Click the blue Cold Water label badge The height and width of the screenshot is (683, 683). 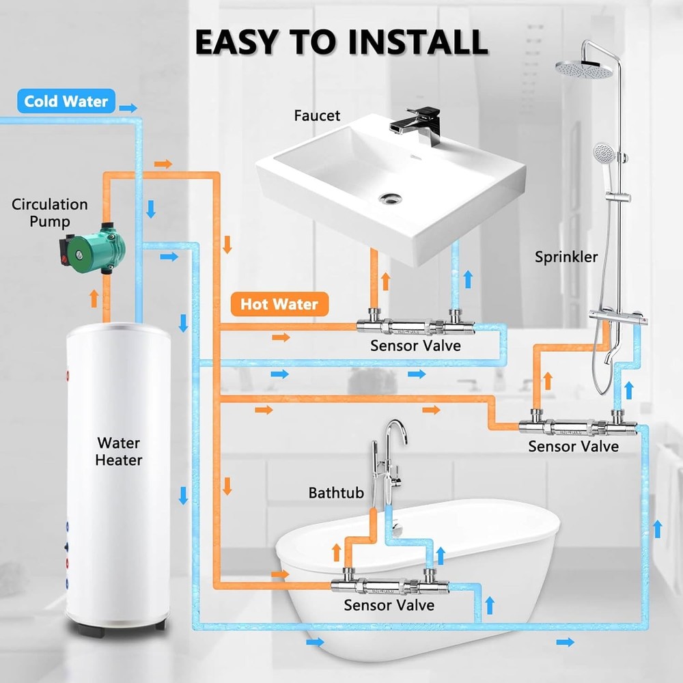click(x=66, y=101)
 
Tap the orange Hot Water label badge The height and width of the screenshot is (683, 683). click(x=279, y=304)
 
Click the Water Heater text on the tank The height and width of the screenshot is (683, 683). click(x=118, y=451)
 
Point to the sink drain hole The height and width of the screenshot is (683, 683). click(x=390, y=199)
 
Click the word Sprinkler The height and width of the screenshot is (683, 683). click(x=566, y=257)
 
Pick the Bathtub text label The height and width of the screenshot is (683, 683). click(x=336, y=492)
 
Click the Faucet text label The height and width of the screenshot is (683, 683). click(x=317, y=115)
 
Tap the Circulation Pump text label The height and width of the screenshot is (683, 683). click(x=50, y=212)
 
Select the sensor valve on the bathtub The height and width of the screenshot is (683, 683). click(x=390, y=585)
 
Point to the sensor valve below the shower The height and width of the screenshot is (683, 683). click(x=578, y=425)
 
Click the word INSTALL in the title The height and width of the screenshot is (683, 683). click(x=418, y=42)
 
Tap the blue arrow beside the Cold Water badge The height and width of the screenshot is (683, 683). click(x=128, y=108)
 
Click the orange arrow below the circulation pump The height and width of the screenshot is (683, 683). click(x=94, y=298)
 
